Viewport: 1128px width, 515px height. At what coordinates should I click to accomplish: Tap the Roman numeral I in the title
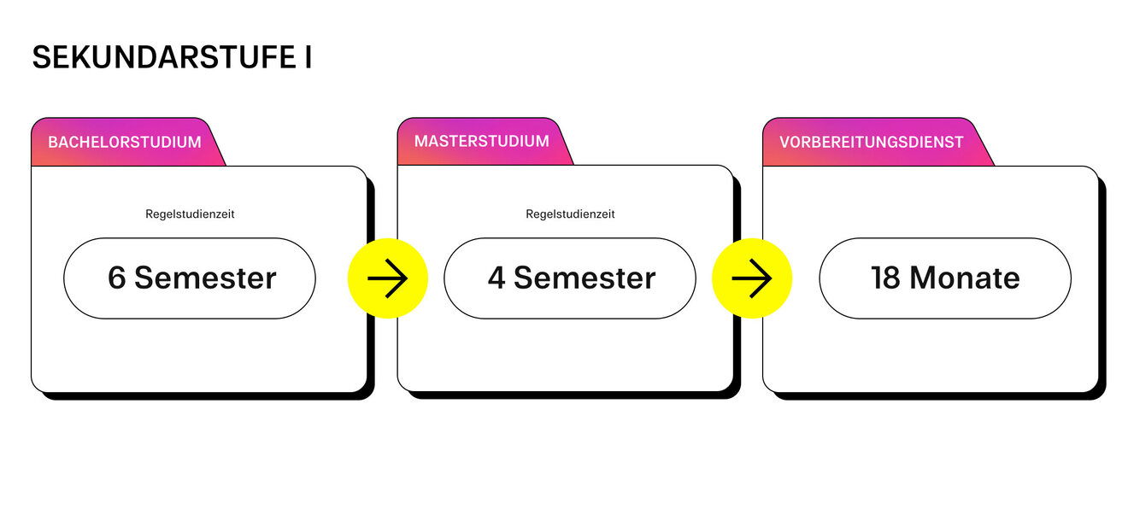[307, 57]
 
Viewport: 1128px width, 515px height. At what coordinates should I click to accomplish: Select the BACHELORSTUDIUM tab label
[125, 142]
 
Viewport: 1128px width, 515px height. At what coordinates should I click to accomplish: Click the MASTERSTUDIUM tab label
[482, 141]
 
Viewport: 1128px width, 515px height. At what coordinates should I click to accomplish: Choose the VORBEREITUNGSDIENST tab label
[872, 142]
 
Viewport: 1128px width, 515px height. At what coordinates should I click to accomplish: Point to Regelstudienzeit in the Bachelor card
[190, 214]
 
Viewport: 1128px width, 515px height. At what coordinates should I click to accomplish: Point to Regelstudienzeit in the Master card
[570, 214]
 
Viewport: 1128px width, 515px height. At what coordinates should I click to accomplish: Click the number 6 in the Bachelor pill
[117, 278]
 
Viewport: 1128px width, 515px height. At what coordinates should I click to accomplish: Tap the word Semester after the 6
[205, 278]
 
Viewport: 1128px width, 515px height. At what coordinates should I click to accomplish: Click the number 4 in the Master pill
[496, 278]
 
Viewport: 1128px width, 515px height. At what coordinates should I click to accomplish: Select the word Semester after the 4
[585, 278]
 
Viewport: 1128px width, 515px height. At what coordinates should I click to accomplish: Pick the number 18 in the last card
[885, 278]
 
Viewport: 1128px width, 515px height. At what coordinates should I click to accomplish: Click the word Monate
[964, 278]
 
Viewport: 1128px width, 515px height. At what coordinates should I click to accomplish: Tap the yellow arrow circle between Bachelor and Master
[388, 278]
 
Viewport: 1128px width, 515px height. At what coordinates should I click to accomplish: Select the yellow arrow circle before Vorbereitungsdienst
[752, 278]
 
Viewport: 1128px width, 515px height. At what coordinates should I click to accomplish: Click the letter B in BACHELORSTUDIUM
[53, 142]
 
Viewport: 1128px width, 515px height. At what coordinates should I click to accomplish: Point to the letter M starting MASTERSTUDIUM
[420, 141]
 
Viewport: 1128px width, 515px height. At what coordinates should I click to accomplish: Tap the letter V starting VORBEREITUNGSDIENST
[784, 142]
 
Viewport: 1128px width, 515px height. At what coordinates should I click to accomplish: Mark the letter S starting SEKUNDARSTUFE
[41, 57]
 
